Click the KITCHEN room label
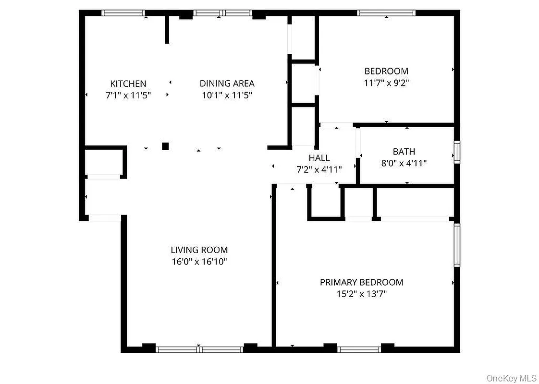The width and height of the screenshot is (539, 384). (128, 84)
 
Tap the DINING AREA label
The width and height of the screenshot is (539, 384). (227, 84)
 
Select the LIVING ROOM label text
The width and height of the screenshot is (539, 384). (199, 250)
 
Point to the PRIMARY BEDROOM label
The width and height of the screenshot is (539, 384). (361, 282)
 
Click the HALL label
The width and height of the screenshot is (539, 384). (319, 157)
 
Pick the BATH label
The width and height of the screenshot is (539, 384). (404, 152)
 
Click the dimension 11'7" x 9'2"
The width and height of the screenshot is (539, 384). (386, 83)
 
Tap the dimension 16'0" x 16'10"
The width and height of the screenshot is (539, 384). (199, 262)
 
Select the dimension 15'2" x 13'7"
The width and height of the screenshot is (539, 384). (361, 294)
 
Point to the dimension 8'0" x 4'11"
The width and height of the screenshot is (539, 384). (404, 163)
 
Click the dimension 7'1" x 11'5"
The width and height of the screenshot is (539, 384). (128, 95)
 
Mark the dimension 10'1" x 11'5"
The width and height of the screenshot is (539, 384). (227, 95)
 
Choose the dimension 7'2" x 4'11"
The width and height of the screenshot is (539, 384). (319, 169)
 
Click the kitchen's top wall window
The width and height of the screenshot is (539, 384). (123, 13)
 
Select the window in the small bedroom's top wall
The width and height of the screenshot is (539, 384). (386, 13)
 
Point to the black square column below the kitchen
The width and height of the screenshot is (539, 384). (165, 145)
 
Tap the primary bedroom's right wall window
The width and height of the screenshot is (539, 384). (457, 245)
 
